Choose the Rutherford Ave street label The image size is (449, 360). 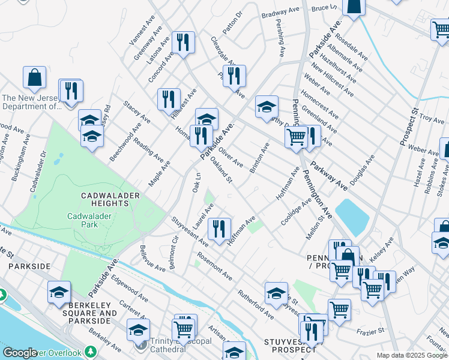(256, 305)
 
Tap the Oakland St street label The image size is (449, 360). (221, 172)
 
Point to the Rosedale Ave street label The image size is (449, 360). (352, 46)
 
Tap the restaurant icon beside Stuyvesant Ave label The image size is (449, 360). (219, 228)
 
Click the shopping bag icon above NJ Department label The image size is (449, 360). (35, 77)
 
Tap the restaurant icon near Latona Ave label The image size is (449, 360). (182, 42)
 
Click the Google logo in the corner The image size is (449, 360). (20, 353)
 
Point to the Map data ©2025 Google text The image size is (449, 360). (412, 355)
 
